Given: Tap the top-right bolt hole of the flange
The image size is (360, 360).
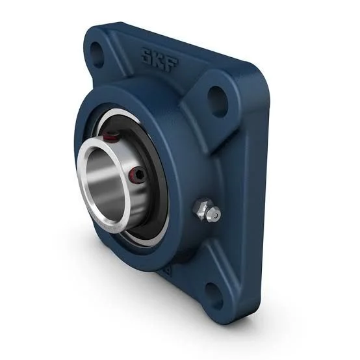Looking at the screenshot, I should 217,99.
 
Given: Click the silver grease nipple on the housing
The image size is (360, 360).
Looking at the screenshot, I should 212,212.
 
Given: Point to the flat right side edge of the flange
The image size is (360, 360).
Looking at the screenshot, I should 257,195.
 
